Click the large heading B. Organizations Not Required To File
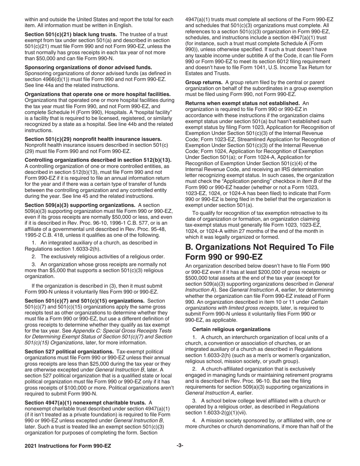[x=260, y=247]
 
